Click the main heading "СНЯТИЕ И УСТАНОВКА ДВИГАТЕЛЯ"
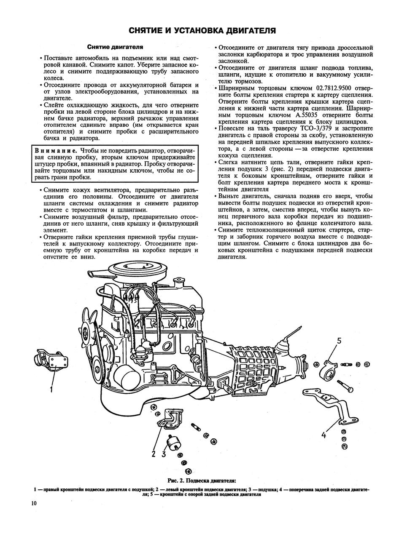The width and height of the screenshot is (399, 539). pos(202,30)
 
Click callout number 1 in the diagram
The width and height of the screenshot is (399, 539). pos(51,390)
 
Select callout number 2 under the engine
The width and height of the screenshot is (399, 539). pos(154,454)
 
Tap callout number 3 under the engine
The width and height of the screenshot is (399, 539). pos(163,454)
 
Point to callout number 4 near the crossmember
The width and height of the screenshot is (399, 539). pos(324,435)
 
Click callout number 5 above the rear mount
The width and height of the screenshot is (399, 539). pos(339,341)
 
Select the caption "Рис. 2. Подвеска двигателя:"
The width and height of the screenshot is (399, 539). pos(202,480)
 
